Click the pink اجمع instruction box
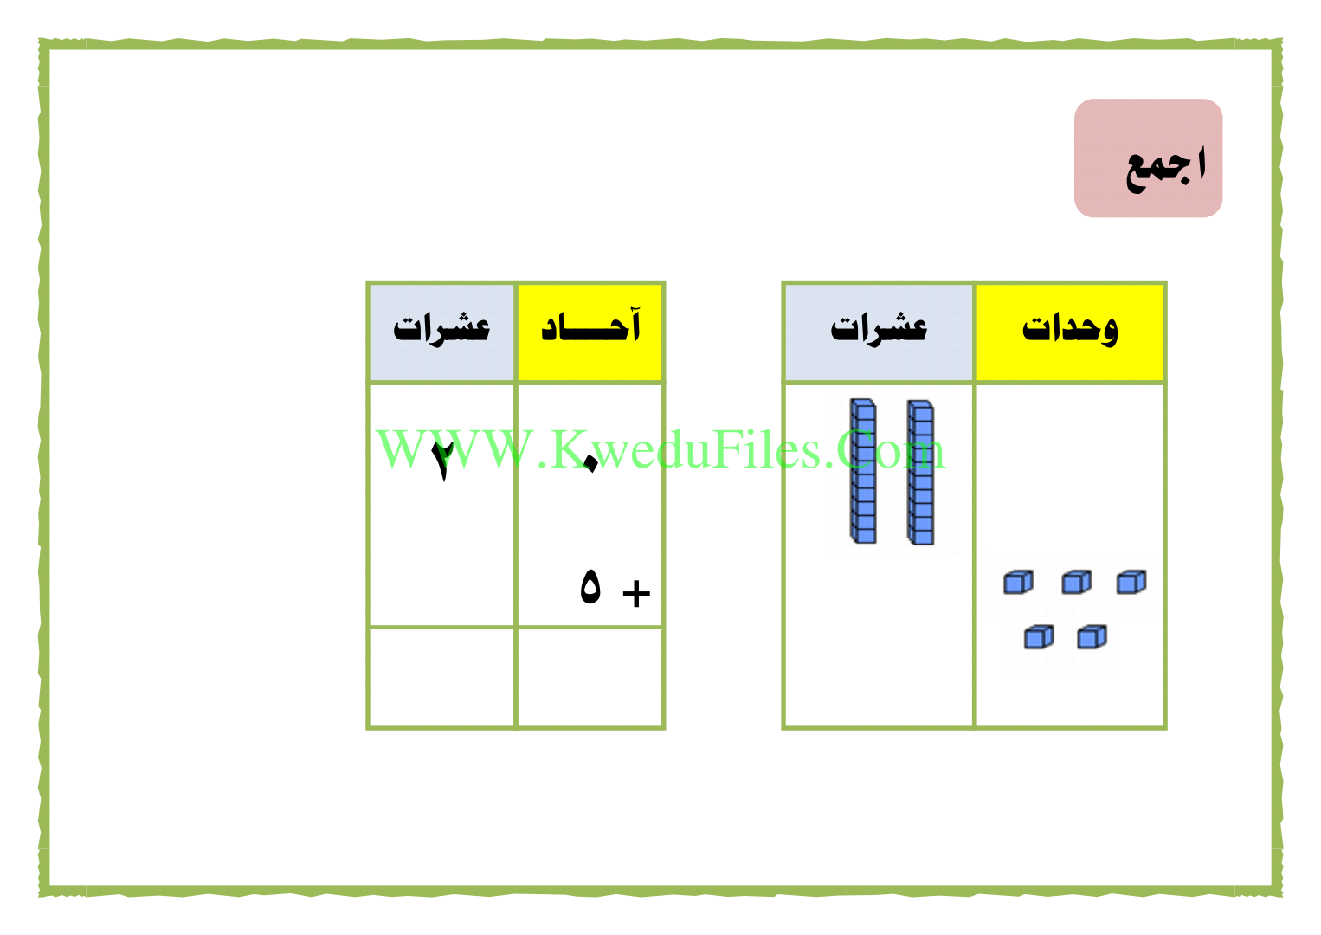(x=1148, y=158)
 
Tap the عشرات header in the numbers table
(x=441, y=332)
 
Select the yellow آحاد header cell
(x=590, y=332)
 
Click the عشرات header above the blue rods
(x=879, y=332)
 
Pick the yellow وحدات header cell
(x=1070, y=332)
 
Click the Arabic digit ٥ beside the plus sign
(x=590, y=587)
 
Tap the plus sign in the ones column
(x=636, y=593)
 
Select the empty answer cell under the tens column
(x=441, y=678)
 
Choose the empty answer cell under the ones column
(x=590, y=678)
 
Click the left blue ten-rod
(x=863, y=471)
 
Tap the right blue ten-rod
(x=921, y=472)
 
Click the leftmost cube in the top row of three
(x=1018, y=582)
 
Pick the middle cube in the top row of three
(x=1076, y=582)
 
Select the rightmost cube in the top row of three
(x=1131, y=582)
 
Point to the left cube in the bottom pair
(x=1038, y=637)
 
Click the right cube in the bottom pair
(x=1092, y=637)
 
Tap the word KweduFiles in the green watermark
(x=688, y=450)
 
